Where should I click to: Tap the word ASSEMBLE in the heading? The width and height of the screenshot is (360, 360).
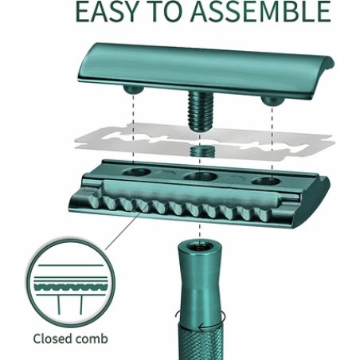click(x=260, y=11)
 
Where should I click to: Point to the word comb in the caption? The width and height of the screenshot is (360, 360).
click(x=92, y=339)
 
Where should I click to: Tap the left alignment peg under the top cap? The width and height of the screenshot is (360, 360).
click(x=134, y=89)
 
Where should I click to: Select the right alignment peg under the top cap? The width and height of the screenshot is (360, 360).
click(x=272, y=100)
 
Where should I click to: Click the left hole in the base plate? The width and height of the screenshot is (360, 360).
click(x=136, y=172)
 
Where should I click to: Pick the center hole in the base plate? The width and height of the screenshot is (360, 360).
click(x=201, y=176)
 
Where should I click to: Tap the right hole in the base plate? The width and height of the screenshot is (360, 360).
click(x=266, y=182)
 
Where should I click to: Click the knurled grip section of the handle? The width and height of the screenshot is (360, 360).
click(x=201, y=342)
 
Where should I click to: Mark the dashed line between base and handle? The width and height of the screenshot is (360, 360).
click(x=200, y=230)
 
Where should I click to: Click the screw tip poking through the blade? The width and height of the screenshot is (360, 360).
click(x=200, y=151)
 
